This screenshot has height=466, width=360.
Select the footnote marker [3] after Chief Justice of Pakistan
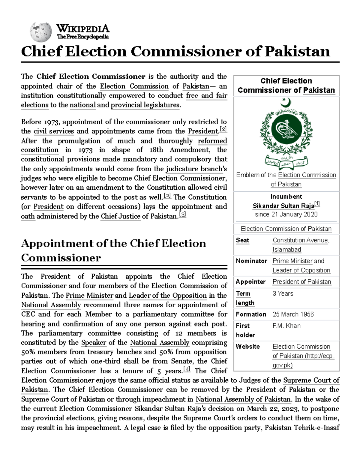coord(182,215)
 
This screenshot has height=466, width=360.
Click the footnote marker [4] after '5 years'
coord(187,369)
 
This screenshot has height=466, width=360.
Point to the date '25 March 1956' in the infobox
coord(293,314)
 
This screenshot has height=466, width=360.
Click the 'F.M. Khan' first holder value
coord(286,326)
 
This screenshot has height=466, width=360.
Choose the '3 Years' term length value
coord(283,293)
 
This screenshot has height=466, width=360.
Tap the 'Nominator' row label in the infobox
coord(251,261)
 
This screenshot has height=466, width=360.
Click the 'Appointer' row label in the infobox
coord(250,282)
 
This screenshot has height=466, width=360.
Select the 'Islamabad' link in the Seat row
coord(287,249)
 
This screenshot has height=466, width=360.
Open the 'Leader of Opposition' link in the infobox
coord(301,270)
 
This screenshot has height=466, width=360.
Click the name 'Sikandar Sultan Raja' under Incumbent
coord(283,206)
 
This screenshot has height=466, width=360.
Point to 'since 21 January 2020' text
coord(286,214)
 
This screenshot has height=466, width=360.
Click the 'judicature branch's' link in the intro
coord(195,169)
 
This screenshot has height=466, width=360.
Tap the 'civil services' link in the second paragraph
coord(54,131)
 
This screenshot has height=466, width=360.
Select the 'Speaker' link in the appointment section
coord(94,342)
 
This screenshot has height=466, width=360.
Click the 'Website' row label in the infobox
coord(248,346)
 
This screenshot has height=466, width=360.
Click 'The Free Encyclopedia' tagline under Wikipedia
coord(83,37)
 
